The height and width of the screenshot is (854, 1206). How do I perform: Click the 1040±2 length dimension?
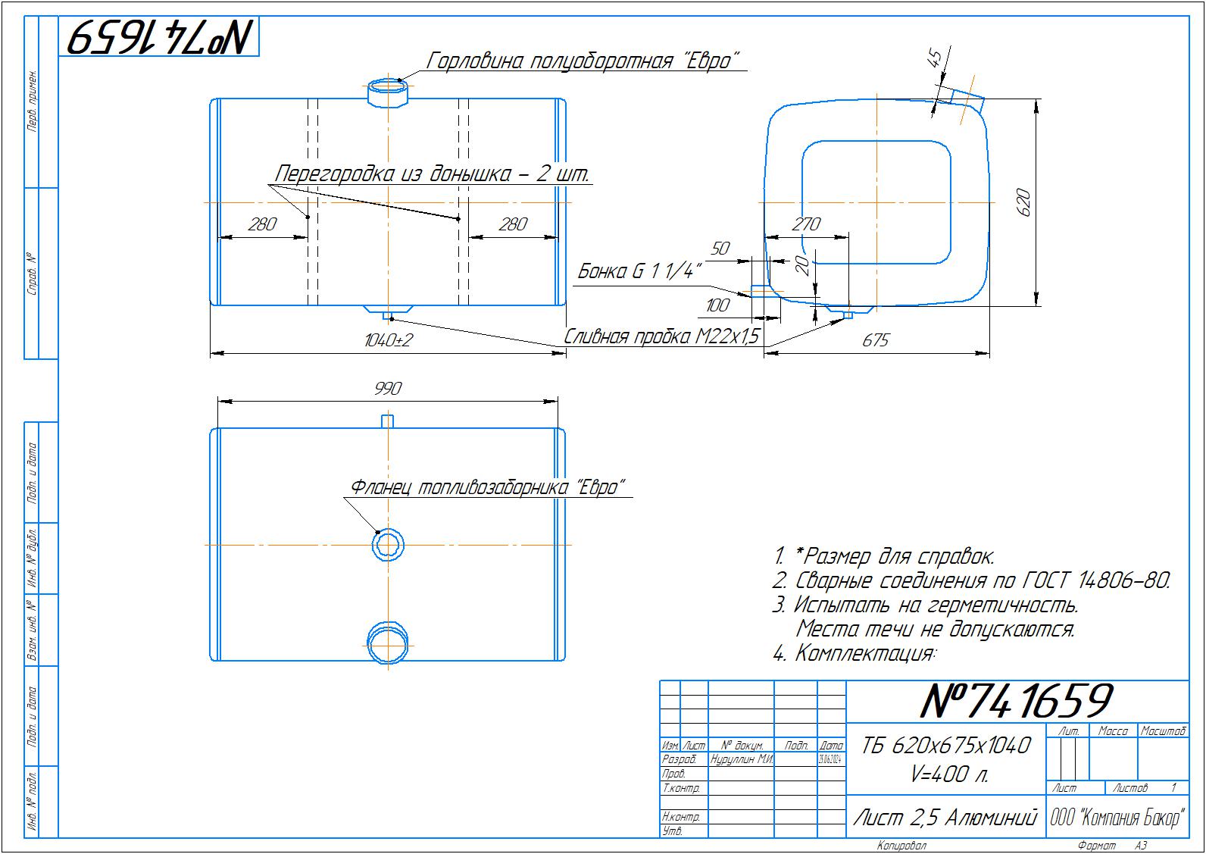pyautogui.click(x=388, y=340)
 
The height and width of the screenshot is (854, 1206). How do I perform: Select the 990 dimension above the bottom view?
pyautogui.click(x=388, y=388)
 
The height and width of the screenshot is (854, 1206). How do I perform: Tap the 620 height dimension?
pyautogui.click(x=1023, y=202)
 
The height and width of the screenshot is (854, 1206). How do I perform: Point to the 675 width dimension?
pyautogui.click(x=875, y=340)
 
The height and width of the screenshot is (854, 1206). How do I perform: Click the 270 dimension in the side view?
pyautogui.click(x=806, y=224)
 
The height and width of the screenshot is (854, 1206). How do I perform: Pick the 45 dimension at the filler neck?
pyautogui.click(x=936, y=59)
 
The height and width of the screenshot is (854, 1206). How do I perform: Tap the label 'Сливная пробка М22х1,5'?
pyautogui.click(x=661, y=336)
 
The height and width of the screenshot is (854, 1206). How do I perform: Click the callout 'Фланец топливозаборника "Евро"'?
pyautogui.click(x=489, y=487)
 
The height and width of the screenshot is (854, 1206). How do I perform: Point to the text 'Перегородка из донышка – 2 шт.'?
pyautogui.click(x=432, y=174)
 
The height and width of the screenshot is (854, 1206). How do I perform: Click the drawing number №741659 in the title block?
pyautogui.click(x=1016, y=701)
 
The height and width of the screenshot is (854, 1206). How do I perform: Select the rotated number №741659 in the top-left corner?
pyautogui.click(x=161, y=36)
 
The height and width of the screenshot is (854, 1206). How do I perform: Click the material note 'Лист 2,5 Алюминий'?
pyautogui.click(x=945, y=817)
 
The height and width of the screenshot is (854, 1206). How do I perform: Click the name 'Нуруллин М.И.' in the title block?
pyautogui.click(x=741, y=759)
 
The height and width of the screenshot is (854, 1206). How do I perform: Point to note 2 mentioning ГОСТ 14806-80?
pyautogui.click(x=972, y=581)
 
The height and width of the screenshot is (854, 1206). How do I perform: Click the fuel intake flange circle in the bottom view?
pyautogui.click(x=388, y=545)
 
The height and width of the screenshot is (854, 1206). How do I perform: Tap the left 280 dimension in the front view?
pyautogui.click(x=262, y=224)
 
